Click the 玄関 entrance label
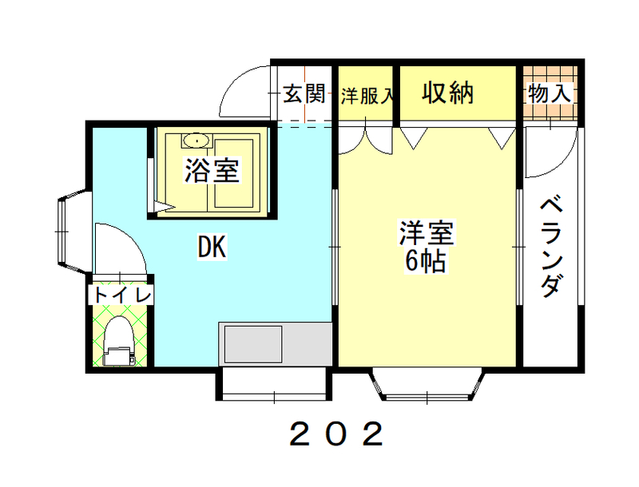(304, 93)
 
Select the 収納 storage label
(447, 93)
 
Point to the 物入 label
(550, 93)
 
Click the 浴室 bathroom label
(212, 170)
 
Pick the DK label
(212, 247)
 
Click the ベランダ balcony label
(552, 247)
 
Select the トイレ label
(121, 295)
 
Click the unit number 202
(336, 434)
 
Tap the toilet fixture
(118, 341)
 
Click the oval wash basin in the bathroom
(196, 141)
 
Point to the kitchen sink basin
(253, 344)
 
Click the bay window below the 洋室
(427, 385)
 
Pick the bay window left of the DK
(73, 232)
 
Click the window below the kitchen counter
(274, 384)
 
